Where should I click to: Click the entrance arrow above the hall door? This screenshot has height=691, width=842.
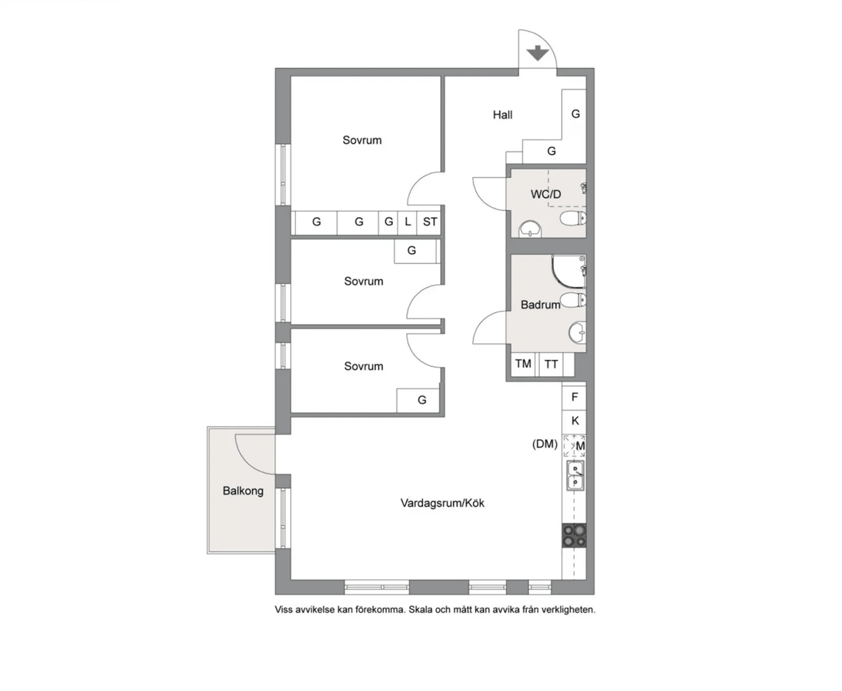pyautogui.click(x=537, y=53)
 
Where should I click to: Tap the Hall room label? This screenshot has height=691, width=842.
pyautogui.click(x=503, y=115)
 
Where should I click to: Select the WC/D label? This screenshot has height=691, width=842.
pyautogui.click(x=546, y=194)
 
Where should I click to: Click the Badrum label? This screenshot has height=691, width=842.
pyautogui.click(x=541, y=305)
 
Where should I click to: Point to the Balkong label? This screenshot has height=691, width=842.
pyautogui.click(x=243, y=491)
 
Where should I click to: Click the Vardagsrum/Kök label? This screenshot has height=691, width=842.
pyautogui.click(x=442, y=503)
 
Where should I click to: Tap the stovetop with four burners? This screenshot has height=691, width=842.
pyautogui.click(x=574, y=535)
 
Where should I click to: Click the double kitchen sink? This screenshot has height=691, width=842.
pyautogui.click(x=575, y=476)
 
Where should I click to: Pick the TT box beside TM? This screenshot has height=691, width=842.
pyautogui.click(x=551, y=365)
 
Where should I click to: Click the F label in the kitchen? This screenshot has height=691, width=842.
pyautogui.click(x=574, y=397)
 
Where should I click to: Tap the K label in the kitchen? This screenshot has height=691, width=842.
pyautogui.click(x=575, y=421)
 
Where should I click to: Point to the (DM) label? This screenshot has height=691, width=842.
pyautogui.click(x=545, y=444)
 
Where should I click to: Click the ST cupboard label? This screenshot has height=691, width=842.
pyautogui.click(x=430, y=222)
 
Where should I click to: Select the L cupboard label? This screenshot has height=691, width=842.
pyautogui.click(x=408, y=222)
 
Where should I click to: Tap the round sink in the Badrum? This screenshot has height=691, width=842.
pyautogui.click(x=577, y=332)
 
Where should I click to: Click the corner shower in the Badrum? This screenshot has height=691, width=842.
pyautogui.click(x=568, y=272)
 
